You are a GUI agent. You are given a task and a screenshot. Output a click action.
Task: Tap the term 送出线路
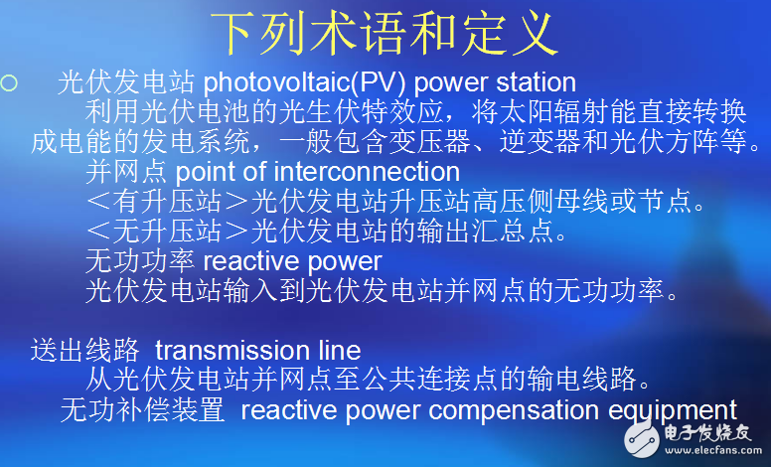tap(83, 350)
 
